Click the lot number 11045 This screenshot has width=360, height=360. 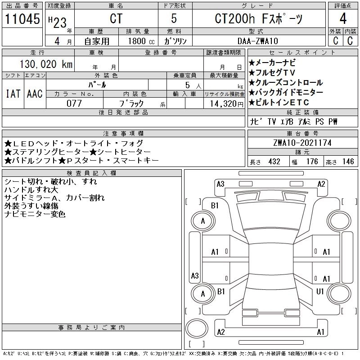tap(22, 19)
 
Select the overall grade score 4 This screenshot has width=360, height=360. tap(343, 18)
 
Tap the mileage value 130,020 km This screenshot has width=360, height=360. tap(46, 64)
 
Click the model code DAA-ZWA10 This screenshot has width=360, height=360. tap(257, 41)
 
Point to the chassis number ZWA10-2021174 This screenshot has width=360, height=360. tap(302, 143)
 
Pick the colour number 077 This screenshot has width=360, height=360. tap(74, 103)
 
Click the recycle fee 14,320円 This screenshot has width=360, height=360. tap(227, 104)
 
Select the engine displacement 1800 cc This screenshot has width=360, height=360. tap(141, 41)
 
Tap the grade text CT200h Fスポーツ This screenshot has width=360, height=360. tap(258, 18)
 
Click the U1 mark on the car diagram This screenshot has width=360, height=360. tap(320, 292)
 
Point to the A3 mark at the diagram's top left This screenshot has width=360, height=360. tap(220, 184)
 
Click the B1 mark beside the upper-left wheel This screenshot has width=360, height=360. tap(215, 206)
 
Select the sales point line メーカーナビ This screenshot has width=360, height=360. tap(272, 63)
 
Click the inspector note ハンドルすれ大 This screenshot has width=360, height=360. tap(31, 190)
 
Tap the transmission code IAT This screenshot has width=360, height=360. tap(13, 94)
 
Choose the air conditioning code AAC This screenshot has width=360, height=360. tap(35, 94)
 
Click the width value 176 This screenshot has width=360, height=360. tap(312, 162)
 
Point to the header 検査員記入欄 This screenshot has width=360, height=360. tap(92, 173)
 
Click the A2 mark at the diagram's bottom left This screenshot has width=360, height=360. tap(221, 332)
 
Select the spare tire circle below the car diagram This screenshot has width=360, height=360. tap(197, 328)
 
